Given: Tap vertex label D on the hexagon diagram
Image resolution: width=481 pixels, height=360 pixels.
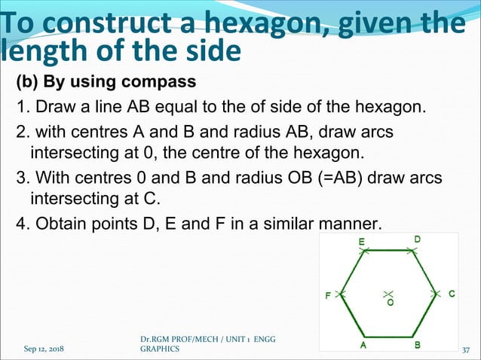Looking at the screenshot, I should pyautogui.click(x=417, y=239).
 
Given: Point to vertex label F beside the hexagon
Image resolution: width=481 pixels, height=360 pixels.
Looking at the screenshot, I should pyautogui.click(x=328, y=296).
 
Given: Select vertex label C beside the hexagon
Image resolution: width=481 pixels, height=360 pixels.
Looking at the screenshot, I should pyautogui.click(x=452, y=294).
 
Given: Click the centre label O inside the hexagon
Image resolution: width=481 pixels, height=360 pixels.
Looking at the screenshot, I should pyautogui.click(x=390, y=303).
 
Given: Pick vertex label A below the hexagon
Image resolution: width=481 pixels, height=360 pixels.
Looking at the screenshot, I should pyautogui.click(x=363, y=346).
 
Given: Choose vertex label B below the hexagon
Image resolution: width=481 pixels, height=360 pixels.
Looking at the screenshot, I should pyautogui.click(x=418, y=346).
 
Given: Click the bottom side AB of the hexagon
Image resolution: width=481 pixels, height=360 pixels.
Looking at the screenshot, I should pyautogui.click(x=390, y=337).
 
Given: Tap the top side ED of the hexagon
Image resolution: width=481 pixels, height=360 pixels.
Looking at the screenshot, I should pyautogui.click(x=389, y=251).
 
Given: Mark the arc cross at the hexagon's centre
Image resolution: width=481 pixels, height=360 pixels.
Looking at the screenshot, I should pyautogui.click(x=389, y=292).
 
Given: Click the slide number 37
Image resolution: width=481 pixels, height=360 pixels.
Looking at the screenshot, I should pyautogui.click(x=465, y=349).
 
